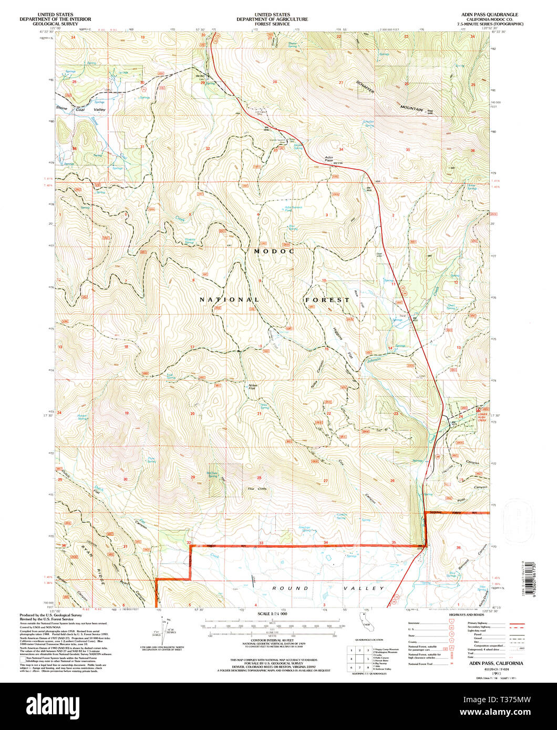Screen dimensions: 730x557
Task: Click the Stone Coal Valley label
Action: (81, 110)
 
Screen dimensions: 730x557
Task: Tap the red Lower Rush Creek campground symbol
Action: (478, 408)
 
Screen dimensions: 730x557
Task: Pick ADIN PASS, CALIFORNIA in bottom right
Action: (489, 664)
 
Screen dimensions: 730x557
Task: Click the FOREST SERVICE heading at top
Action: (272, 24)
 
